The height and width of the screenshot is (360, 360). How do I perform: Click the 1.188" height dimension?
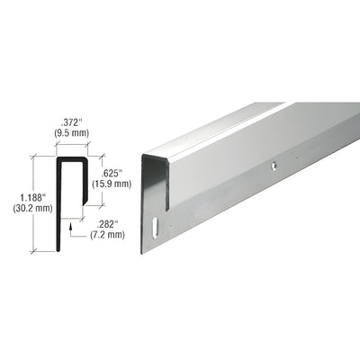(x=18, y=192)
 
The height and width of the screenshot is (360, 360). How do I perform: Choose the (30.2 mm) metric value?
(x=18, y=203)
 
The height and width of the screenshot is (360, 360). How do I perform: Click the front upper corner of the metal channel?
(x=167, y=161)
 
